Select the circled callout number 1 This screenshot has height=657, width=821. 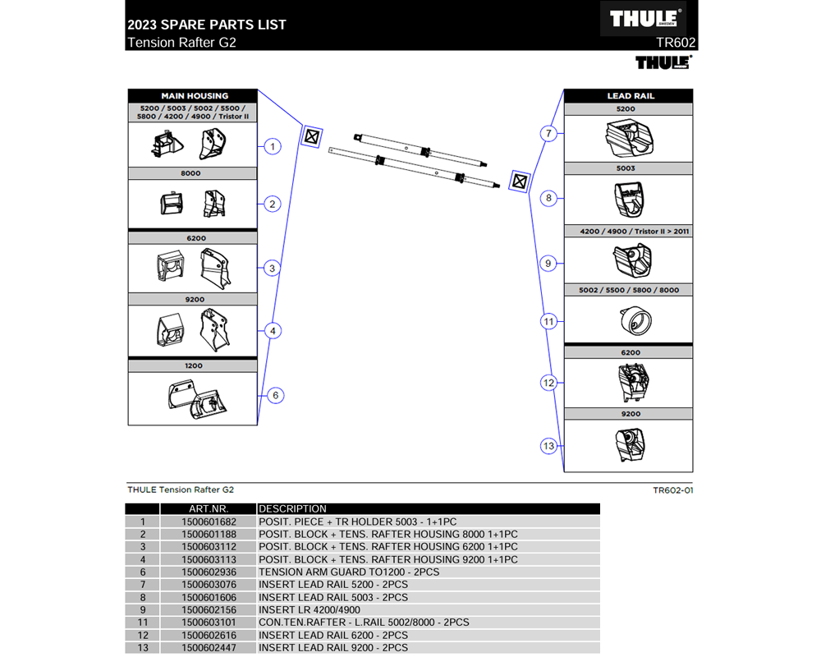[x=272, y=147]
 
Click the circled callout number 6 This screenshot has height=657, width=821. [x=275, y=395]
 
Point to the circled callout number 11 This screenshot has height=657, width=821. [x=549, y=321]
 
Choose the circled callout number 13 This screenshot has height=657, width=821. [x=549, y=446]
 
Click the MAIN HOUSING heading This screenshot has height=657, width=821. [x=194, y=96]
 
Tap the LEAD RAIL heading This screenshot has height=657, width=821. [x=630, y=96]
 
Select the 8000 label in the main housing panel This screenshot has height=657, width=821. [x=195, y=173]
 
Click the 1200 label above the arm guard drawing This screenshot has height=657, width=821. [x=195, y=365]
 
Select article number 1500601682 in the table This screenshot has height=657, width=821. [x=209, y=521]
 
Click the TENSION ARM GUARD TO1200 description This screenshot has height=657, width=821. [x=349, y=572]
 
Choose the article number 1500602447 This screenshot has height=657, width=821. [x=209, y=648]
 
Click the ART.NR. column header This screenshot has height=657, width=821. [x=209, y=509]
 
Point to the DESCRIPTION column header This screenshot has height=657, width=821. [x=293, y=509]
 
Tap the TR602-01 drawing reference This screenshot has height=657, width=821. [x=673, y=490]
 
